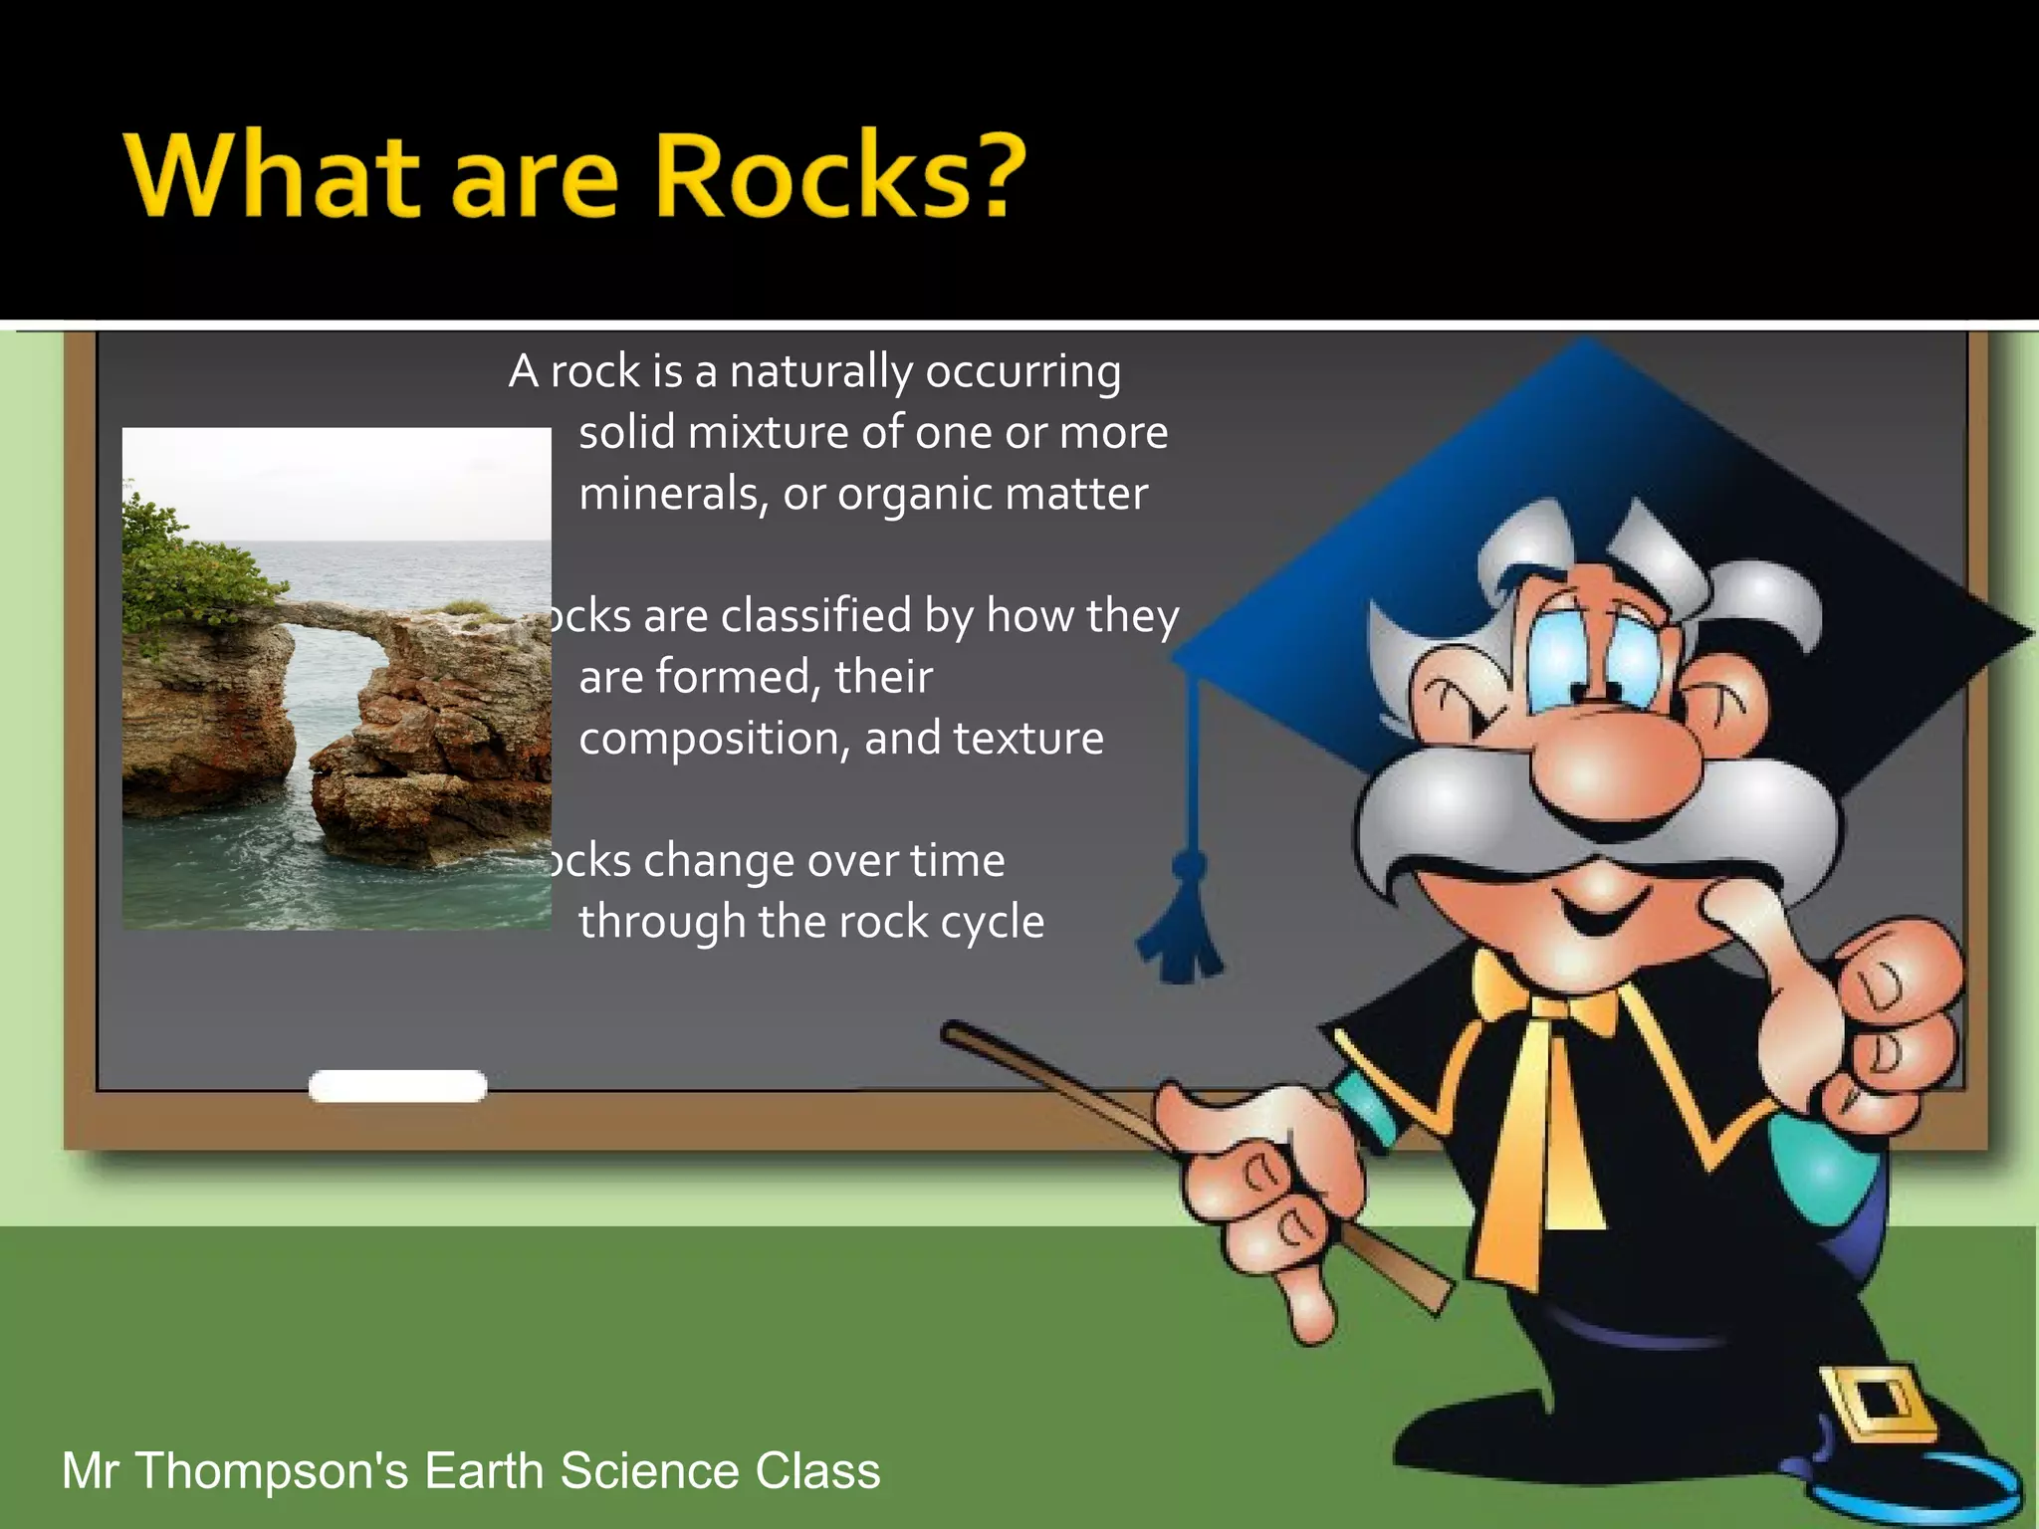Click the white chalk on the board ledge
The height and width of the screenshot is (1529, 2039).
tap(397, 1086)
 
